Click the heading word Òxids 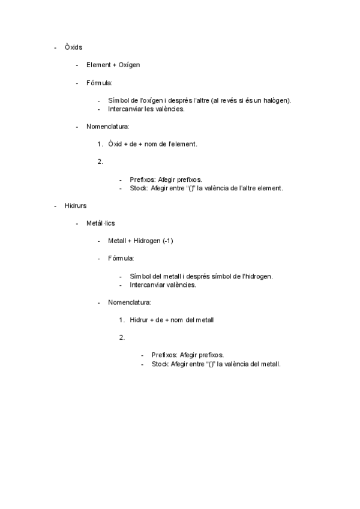click(x=73, y=47)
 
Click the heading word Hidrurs click(x=76, y=205)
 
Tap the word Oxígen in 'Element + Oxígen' click(x=129, y=65)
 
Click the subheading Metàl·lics click(x=101, y=223)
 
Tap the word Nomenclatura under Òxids click(x=108, y=127)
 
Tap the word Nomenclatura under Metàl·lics click(x=130, y=302)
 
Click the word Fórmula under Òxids click(x=99, y=83)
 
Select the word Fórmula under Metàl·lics click(x=121, y=258)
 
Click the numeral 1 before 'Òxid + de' click(x=99, y=144)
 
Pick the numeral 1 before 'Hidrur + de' click(x=121, y=320)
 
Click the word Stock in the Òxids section click(x=139, y=188)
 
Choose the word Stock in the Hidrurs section click(x=160, y=364)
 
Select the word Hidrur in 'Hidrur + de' click(x=139, y=320)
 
